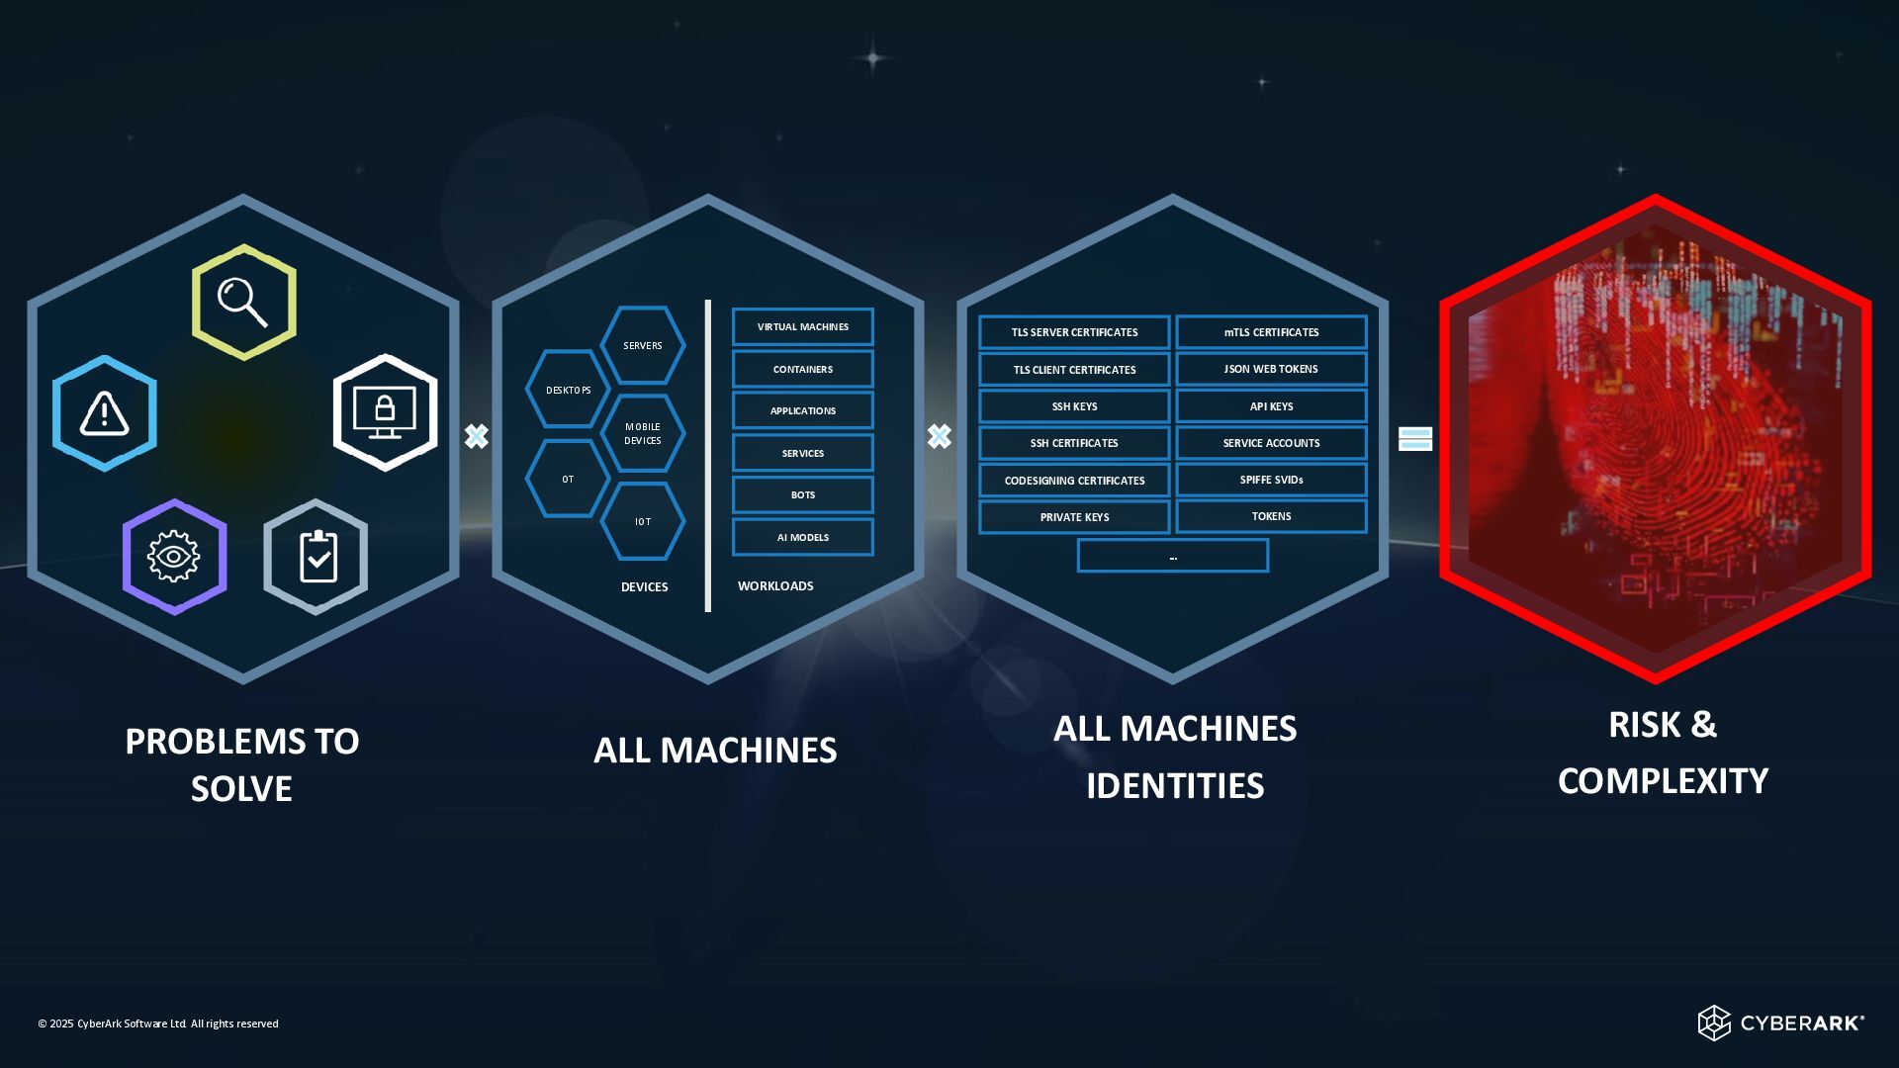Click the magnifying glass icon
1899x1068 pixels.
(243, 302)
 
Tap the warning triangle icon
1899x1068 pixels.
(104, 413)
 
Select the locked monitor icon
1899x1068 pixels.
(385, 412)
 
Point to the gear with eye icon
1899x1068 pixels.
(174, 557)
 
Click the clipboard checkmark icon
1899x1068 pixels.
(316, 557)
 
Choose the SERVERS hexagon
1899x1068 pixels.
(643, 345)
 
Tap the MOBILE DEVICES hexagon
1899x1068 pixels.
(643, 433)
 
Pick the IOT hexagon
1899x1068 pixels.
(643, 521)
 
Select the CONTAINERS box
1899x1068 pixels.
(802, 369)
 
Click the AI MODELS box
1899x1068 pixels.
(802, 537)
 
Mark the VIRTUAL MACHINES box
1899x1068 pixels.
(802, 326)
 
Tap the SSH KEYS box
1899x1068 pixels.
(1074, 406)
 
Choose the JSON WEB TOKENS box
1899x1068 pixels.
(1271, 369)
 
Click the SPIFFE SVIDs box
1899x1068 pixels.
(1271, 480)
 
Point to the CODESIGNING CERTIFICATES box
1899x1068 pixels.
(1074, 481)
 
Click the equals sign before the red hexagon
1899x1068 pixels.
(1415, 439)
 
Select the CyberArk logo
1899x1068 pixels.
(1780, 1023)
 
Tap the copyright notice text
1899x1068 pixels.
(158, 1023)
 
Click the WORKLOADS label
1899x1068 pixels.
(775, 586)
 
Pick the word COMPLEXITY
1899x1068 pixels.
(1663, 781)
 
